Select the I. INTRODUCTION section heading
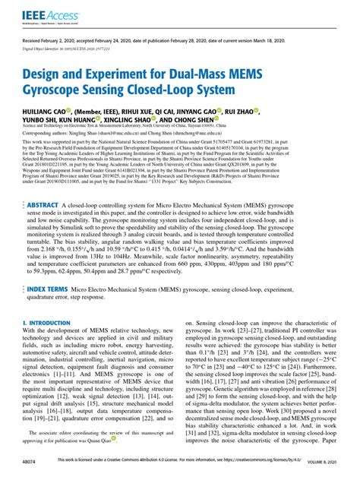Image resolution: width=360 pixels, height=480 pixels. (x=50, y=321)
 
